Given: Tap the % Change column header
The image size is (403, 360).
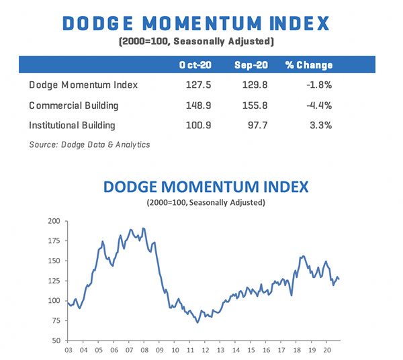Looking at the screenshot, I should pos(308,65).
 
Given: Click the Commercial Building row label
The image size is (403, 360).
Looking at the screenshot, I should pos(73,105).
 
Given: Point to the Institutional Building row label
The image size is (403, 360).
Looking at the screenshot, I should pos(73,125).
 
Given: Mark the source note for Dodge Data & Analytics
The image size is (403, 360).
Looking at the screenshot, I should pos(89,144).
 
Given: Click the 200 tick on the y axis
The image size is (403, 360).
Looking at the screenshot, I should pos(53,220).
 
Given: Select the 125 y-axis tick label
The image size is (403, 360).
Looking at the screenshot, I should pos(53,281).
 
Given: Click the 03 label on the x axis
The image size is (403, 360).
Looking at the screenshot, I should pos(68,350).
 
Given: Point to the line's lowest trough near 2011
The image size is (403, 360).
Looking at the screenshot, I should pos(197,322).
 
